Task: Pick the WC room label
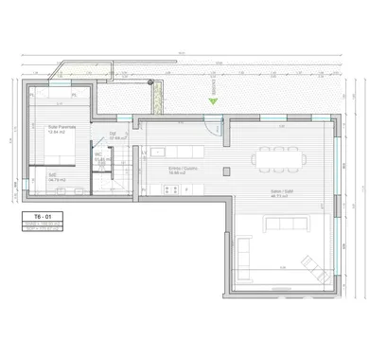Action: pos(98,156)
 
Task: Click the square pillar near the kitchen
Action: pos(227,171)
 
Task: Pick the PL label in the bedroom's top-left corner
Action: pos(33,96)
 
